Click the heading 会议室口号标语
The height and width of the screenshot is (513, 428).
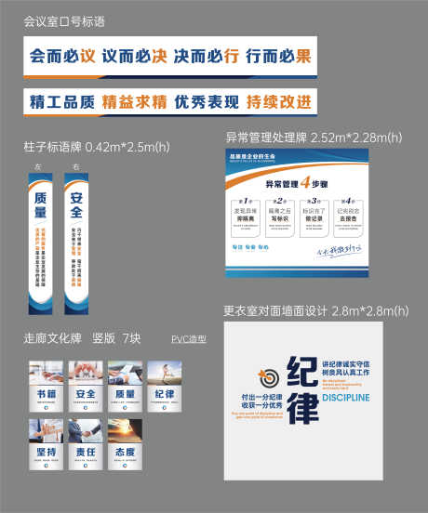tap(63, 20)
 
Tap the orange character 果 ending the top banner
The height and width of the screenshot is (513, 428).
tap(302, 56)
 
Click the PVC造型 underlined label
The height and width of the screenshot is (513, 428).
tap(189, 338)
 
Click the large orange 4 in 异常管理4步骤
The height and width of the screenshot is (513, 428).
tap(303, 182)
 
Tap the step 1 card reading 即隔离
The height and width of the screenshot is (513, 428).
tap(247, 218)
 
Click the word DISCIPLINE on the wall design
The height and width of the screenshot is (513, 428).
tap(345, 398)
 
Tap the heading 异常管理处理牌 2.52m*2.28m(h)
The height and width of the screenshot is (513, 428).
tap(306, 138)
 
